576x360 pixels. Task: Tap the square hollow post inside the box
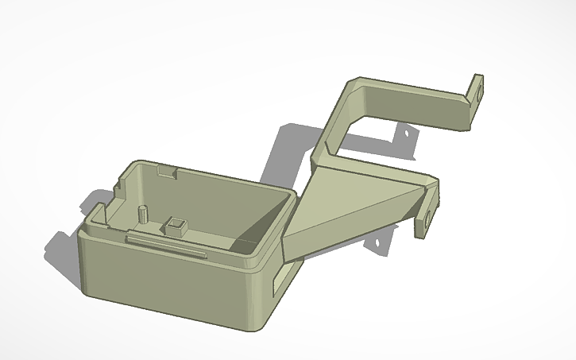(x=175, y=226)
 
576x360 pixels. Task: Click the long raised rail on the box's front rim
(x=168, y=242)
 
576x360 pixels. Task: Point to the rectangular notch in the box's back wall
(x=167, y=170)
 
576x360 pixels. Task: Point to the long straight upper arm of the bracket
(x=413, y=99)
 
